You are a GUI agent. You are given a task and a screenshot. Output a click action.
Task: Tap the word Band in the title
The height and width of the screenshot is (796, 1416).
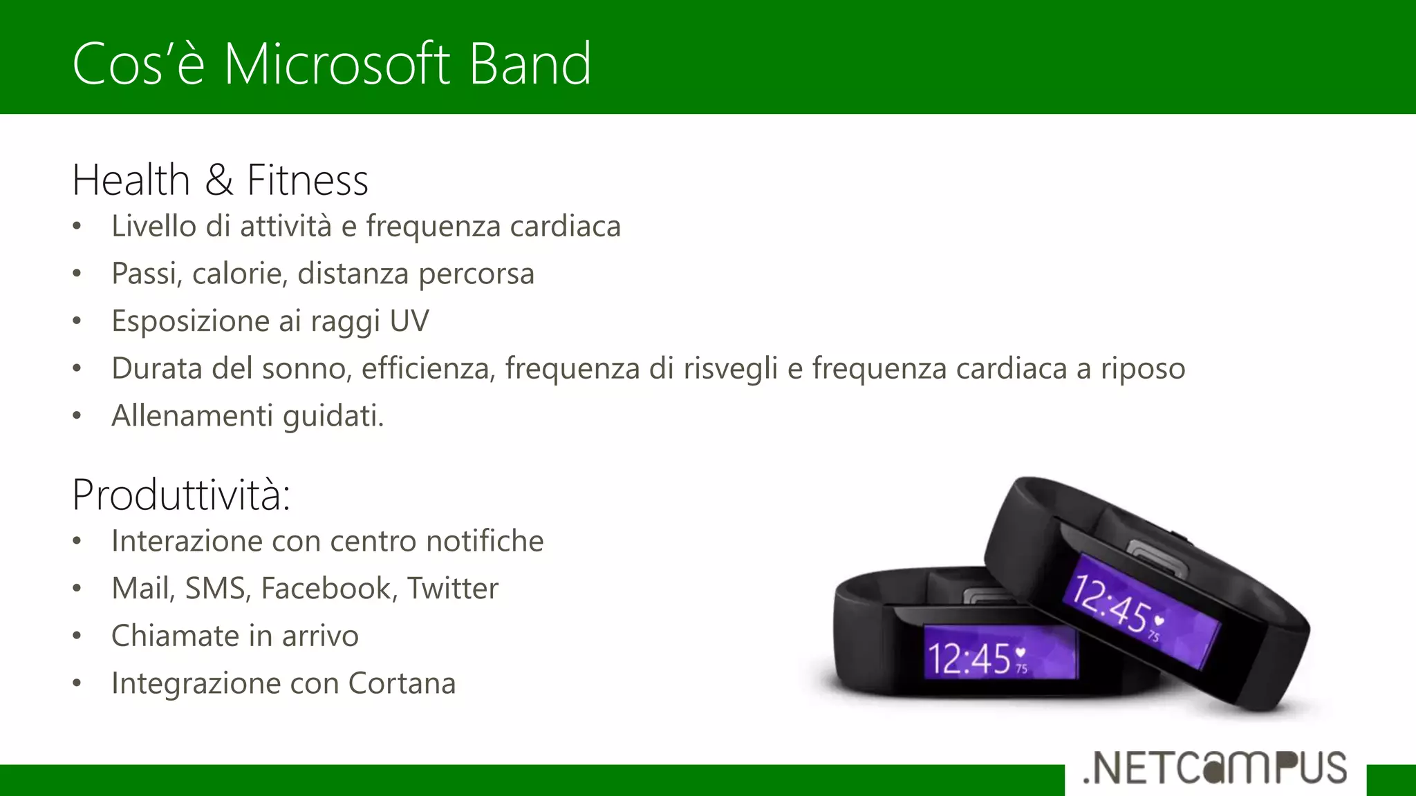coord(530,64)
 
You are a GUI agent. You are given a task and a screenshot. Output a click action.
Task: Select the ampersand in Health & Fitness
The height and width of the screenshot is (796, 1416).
coord(218,180)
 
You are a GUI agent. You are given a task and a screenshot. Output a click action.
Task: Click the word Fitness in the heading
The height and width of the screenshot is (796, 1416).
coord(308,180)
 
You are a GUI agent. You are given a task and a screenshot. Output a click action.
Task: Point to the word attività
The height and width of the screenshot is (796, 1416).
coord(286,227)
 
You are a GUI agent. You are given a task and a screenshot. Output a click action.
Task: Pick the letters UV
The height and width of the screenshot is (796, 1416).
coord(409,321)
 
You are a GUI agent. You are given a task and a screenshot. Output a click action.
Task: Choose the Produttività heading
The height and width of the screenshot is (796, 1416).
coord(181,495)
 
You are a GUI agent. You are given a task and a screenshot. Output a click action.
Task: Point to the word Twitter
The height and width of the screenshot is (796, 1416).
coord(452,589)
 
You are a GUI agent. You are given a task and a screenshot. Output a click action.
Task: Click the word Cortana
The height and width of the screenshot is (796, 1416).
coord(402,683)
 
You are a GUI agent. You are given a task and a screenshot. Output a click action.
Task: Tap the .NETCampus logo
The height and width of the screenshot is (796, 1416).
coord(1215,768)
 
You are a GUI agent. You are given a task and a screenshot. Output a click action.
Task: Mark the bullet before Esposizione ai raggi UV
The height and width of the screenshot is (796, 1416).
coord(77,321)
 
